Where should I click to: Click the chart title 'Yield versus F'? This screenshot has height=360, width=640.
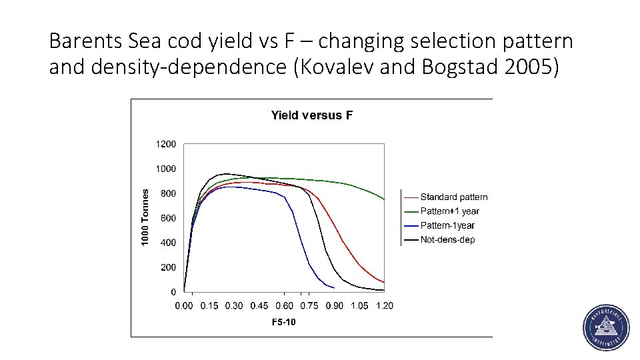pos(311,115)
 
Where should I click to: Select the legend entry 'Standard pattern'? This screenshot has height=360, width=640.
pos(453,197)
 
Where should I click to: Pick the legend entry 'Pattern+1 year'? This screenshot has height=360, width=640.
pos(449,211)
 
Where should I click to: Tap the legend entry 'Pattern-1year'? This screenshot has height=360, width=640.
pos(447,225)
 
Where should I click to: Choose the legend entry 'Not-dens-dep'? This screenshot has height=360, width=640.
pos(447,239)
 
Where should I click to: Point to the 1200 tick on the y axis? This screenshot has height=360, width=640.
pos(166,144)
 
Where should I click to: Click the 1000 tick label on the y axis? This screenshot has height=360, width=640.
pos(166,169)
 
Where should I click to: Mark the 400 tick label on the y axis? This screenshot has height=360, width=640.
pos(168,243)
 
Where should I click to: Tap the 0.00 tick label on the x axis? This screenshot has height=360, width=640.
pos(184,306)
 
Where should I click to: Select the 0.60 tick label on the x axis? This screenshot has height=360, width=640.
pos(285,306)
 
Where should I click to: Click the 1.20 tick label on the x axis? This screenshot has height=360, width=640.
pos(385,306)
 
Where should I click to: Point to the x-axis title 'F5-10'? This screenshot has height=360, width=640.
pos(283,323)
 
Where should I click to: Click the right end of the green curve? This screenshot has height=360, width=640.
pos(384,199)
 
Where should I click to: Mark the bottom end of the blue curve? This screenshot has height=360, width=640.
pos(334,287)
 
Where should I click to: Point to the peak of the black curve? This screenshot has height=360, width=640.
pos(227,174)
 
